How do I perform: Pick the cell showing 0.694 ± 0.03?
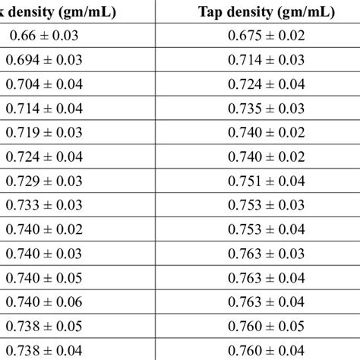tap(45, 59)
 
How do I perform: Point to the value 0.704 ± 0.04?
tap(45, 84)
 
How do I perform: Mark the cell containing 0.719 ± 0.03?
tap(45, 131)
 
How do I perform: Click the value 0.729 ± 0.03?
tap(45, 180)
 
